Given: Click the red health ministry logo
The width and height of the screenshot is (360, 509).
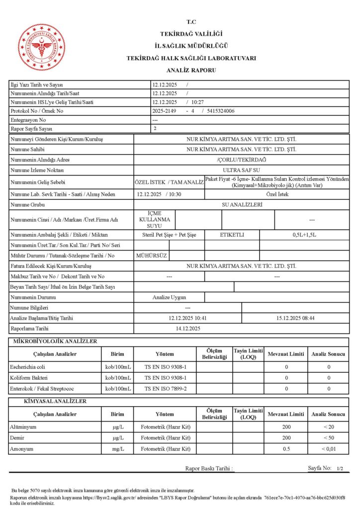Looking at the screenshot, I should click(42, 47).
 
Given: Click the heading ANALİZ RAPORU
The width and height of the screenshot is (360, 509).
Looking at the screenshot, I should click(191, 71).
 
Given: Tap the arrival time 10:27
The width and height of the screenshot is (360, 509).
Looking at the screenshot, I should click(197, 102).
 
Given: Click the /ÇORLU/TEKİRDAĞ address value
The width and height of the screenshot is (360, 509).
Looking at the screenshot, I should click(241, 160).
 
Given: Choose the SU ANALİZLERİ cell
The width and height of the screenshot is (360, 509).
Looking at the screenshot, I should click(241, 204).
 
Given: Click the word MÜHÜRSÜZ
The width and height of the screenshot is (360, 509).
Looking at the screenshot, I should click(152, 255).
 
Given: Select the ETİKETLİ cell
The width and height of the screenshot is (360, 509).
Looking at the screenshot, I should click(232, 234).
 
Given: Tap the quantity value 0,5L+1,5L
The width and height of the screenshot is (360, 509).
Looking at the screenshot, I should click(304, 234).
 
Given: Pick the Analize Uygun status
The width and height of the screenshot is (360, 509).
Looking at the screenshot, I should click(169, 297).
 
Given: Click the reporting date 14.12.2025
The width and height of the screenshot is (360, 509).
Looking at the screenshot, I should click(187, 328).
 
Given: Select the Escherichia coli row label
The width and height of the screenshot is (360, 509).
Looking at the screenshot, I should click(28, 367).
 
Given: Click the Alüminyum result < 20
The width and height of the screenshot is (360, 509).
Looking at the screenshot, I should click(328, 427).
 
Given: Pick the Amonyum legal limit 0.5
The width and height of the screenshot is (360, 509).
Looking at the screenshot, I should click(286, 449).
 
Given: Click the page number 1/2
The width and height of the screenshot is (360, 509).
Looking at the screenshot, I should click(340, 469).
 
